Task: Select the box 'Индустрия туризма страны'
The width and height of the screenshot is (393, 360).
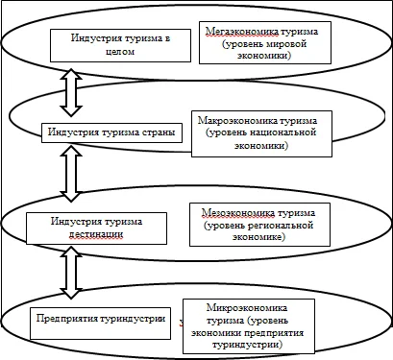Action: point(112,132)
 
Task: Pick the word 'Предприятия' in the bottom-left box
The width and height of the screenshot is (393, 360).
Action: point(66,318)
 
